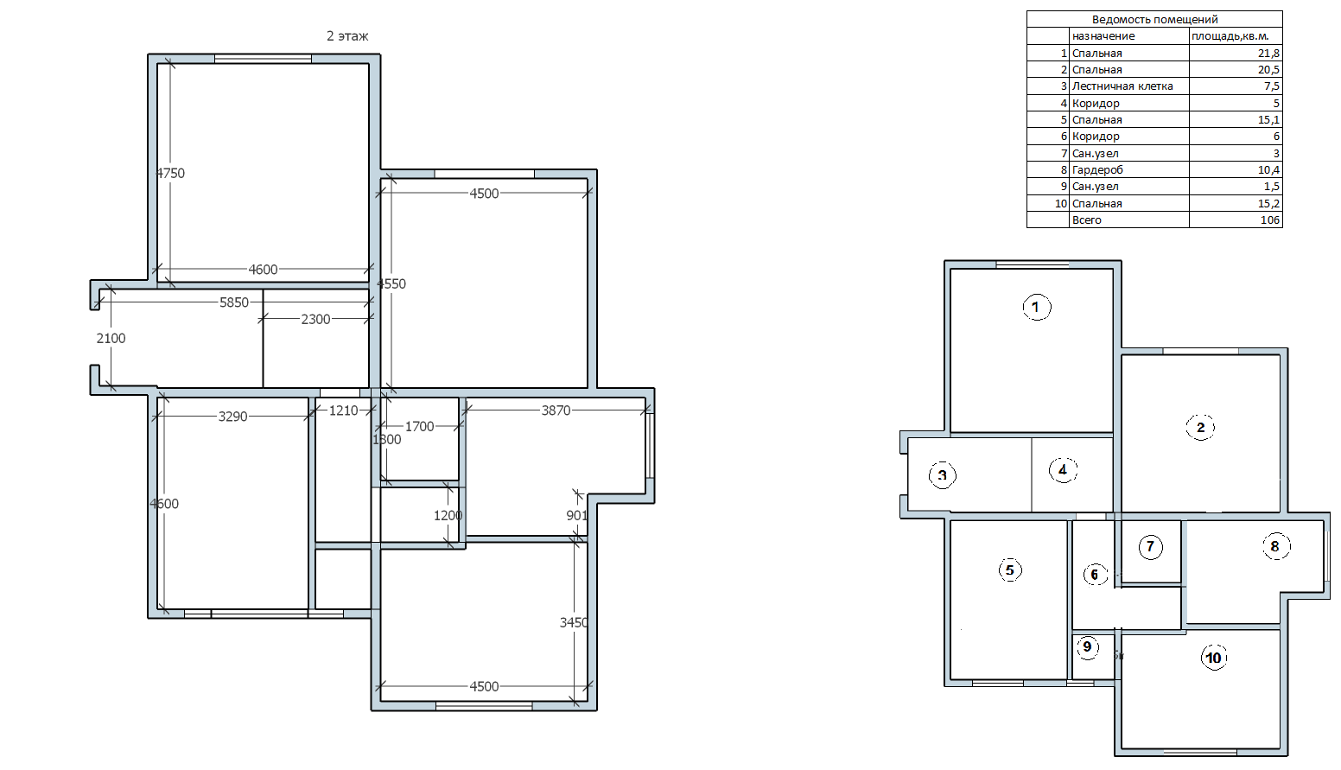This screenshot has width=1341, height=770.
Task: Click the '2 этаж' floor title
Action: [x=347, y=36]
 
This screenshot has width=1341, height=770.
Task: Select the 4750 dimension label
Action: [x=170, y=173]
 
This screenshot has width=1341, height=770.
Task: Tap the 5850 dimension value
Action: [x=234, y=302]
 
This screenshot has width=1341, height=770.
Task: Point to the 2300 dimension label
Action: [x=315, y=319]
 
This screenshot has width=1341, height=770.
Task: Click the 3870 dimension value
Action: [x=556, y=410]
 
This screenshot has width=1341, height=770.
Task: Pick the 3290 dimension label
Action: [x=233, y=417]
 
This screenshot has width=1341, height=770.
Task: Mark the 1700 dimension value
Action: [x=419, y=426]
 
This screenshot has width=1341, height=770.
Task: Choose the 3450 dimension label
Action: [x=574, y=623]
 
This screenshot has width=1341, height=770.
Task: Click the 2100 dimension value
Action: [x=111, y=338]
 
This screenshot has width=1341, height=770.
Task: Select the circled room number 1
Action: [x=1036, y=307]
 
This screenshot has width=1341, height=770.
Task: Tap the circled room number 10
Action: [x=1213, y=658]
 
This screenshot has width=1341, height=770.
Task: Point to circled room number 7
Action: [x=1150, y=547]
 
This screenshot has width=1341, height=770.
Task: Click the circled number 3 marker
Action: [x=943, y=476]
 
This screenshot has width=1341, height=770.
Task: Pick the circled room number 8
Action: [x=1275, y=546]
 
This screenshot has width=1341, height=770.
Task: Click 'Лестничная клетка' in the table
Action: [x=1122, y=86]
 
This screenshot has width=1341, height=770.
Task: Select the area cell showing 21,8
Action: [x=1268, y=54]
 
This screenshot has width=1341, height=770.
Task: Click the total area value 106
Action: [x=1270, y=220]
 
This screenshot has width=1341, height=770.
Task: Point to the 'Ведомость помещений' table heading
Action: [x=1155, y=20]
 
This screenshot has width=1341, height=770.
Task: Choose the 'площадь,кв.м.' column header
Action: [x=1230, y=36]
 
